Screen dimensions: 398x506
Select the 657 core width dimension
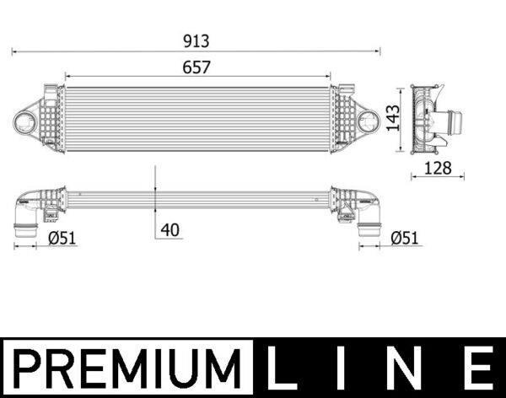coord(196,67)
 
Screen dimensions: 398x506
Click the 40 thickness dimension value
coord(171,229)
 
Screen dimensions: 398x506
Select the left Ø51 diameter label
coord(62,238)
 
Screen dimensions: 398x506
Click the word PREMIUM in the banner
coord(128,368)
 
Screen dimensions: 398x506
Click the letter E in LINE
coord(476,368)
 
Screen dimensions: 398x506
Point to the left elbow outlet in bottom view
coord(25,221)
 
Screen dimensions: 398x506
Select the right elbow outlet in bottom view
coord(369,223)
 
